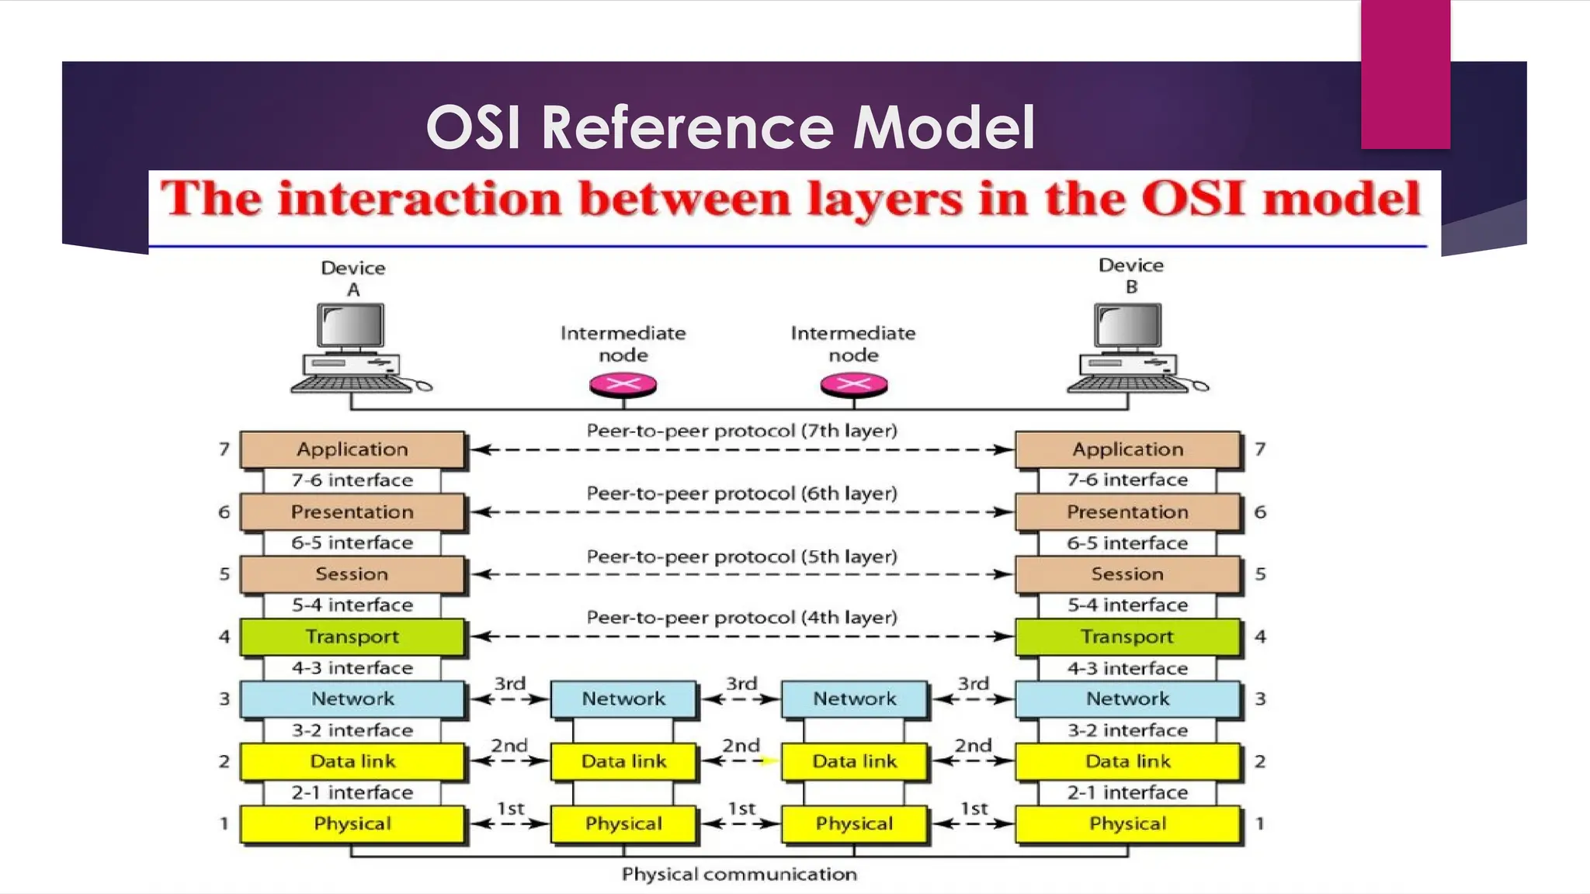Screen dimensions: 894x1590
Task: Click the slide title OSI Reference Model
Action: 730,127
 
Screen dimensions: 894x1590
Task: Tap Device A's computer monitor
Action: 352,326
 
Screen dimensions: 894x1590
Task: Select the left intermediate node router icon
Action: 623,384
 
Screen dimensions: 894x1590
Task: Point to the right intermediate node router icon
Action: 854,384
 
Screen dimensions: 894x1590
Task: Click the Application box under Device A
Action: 352,449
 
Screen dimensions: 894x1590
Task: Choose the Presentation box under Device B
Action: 1127,512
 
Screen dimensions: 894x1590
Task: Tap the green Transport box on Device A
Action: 352,636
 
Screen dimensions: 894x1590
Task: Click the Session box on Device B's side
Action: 1127,574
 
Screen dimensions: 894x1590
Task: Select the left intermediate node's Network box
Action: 623,698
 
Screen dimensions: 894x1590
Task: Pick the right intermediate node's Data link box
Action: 854,761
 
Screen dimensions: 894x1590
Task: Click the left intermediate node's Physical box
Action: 623,823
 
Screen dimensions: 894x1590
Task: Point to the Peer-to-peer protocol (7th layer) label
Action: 741,431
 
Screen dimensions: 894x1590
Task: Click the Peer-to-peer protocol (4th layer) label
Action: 741,618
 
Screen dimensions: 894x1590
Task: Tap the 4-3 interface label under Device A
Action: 352,668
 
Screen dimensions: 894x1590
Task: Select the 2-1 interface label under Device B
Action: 1127,792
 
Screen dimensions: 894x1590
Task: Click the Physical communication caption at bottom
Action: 739,875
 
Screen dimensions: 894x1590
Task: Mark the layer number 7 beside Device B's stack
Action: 1260,449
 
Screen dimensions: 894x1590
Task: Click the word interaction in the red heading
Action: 419,199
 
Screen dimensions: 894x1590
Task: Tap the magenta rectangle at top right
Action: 1405,74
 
